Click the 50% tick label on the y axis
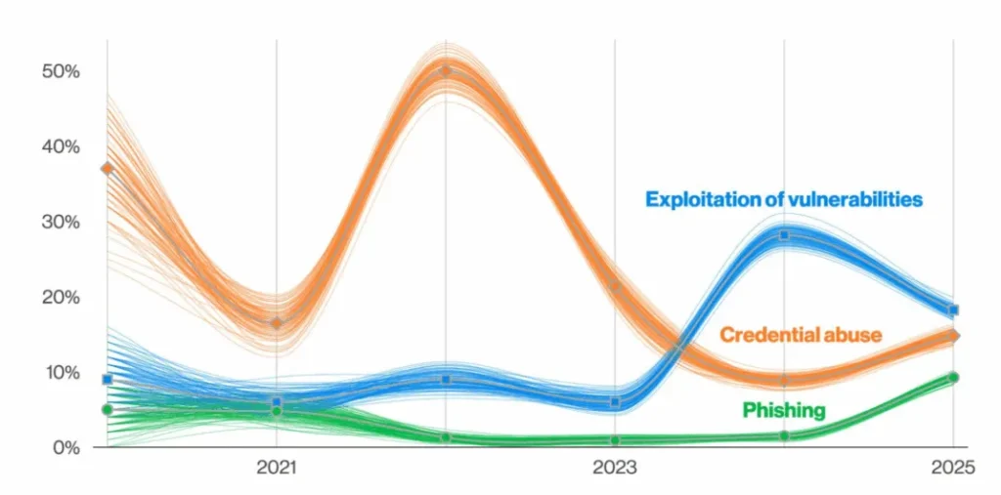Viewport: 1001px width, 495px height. (x=60, y=71)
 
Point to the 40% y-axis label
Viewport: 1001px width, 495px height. (x=60, y=146)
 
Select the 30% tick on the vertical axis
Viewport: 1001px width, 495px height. (x=60, y=222)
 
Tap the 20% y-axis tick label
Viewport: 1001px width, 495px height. (x=60, y=297)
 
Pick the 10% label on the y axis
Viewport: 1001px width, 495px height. (x=60, y=372)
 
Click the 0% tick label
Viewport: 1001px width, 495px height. (x=65, y=447)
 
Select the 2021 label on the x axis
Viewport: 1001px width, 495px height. (x=277, y=468)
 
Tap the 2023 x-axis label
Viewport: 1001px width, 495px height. (x=615, y=468)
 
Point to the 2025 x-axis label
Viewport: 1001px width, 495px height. (x=953, y=468)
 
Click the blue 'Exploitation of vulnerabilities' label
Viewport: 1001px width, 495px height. (x=783, y=199)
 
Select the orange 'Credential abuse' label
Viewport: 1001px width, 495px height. (x=801, y=335)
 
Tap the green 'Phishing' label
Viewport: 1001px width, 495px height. (x=783, y=410)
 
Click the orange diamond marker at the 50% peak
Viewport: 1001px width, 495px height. (x=446, y=71)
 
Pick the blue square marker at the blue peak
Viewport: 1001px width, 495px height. (x=784, y=235)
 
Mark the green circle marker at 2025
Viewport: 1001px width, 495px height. (x=953, y=377)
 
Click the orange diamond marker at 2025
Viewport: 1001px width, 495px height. (x=954, y=336)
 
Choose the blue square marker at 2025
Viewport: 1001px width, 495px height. (x=953, y=310)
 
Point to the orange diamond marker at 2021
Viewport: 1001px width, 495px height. (x=277, y=323)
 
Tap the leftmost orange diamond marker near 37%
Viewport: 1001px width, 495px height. (x=108, y=169)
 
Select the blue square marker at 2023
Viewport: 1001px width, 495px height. (x=615, y=402)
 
